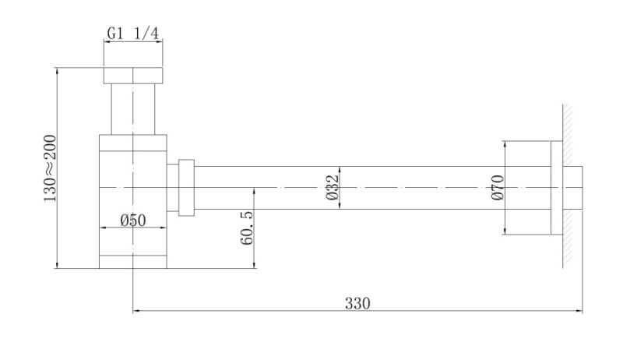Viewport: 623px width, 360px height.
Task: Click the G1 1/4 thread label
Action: click(x=133, y=34)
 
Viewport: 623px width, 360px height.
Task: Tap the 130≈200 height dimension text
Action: click(x=50, y=168)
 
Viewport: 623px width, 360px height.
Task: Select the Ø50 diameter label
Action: click(x=133, y=220)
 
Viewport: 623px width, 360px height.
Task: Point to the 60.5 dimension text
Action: click(x=246, y=228)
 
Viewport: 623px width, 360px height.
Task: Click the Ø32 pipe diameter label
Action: click(x=333, y=187)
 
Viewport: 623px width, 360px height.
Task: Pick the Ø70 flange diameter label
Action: click(x=497, y=187)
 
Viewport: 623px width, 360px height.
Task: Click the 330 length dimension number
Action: click(x=357, y=304)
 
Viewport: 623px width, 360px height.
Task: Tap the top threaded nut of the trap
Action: click(x=133, y=76)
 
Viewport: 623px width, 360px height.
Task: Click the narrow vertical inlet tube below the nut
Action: click(x=133, y=109)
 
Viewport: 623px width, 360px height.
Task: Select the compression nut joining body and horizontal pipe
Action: click(x=186, y=188)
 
